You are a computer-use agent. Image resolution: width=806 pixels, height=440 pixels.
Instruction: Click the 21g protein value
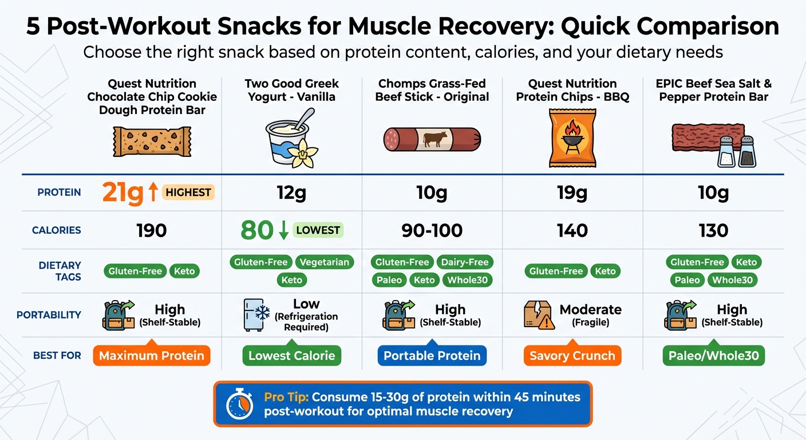pyautogui.click(x=123, y=193)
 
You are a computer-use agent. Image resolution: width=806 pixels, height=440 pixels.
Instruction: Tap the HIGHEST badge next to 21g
pyautogui.click(x=188, y=192)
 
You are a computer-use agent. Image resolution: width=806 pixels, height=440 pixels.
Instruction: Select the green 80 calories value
pyautogui.click(x=256, y=230)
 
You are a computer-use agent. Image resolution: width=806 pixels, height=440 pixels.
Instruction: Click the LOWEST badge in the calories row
pyautogui.click(x=318, y=230)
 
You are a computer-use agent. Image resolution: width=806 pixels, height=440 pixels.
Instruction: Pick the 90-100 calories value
pyautogui.click(x=432, y=230)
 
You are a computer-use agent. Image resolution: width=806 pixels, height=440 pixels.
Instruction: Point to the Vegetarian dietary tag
pyautogui.click(x=325, y=262)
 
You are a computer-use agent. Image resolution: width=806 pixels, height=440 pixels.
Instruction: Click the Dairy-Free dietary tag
pyautogui.click(x=465, y=262)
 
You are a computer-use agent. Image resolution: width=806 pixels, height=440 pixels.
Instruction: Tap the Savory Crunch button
pyautogui.click(x=572, y=356)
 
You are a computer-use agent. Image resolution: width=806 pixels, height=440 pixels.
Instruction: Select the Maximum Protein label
pyautogui.click(x=151, y=356)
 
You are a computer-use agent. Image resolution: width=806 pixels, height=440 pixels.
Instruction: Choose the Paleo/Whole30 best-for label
pyautogui.click(x=713, y=356)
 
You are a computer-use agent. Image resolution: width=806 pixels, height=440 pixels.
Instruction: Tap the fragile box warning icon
pyautogui.click(x=538, y=315)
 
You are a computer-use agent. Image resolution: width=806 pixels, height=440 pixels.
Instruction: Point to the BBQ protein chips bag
pyautogui.click(x=572, y=139)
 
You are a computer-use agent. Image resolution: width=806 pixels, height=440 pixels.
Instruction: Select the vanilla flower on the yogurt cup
pyautogui.click(x=301, y=154)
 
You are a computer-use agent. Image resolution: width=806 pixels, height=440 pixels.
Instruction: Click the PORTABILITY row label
pyautogui.click(x=49, y=315)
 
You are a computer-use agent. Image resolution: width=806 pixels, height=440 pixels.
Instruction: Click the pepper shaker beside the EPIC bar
pyautogui.click(x=746, y=152)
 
